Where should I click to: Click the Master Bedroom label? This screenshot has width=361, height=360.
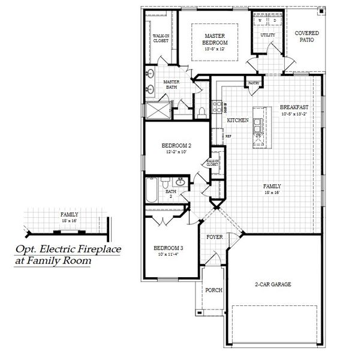click(214, 39)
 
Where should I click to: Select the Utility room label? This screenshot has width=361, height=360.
click(267, 35)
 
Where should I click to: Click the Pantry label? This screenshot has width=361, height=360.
click(252, 83)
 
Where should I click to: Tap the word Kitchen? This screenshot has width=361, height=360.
click(237, 121)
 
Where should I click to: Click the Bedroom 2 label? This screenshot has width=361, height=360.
click(177, 146)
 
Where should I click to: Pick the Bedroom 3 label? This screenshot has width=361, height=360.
click(169, 248)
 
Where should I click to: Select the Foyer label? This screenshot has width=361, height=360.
click(215, 237)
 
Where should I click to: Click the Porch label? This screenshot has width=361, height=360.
click(213, 290)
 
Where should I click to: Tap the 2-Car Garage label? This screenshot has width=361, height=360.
click(273, 284)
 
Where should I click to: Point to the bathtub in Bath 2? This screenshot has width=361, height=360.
click(151, 191)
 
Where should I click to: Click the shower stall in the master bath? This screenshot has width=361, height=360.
click(159, 110)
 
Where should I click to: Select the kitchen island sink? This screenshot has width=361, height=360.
click(258, 125)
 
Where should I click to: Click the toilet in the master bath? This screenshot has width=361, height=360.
click(202, 110)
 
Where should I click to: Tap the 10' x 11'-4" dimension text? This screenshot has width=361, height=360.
click(169, 255)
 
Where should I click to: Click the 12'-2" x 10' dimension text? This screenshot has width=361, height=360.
click(177, 152)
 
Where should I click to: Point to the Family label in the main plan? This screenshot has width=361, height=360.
click(272, 186)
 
